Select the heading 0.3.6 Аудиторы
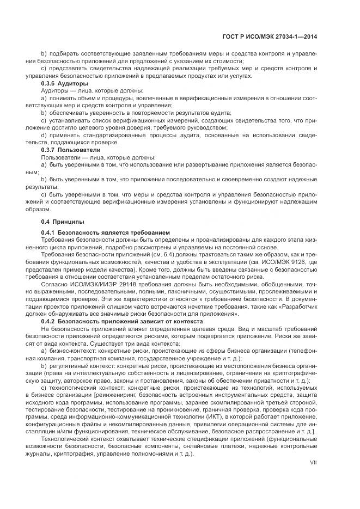coord(64,83)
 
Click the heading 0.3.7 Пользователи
coord(71,149)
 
